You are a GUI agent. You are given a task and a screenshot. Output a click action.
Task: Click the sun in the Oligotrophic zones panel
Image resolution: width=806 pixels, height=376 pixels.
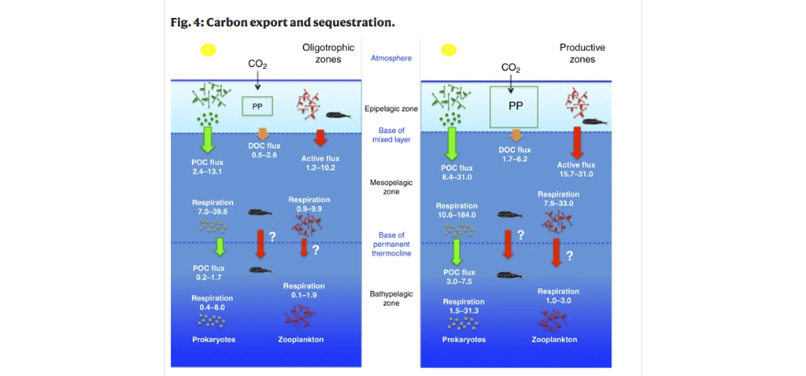tap(208, 50)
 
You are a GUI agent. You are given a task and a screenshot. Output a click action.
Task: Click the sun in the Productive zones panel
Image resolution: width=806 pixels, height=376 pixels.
tap(449, 50)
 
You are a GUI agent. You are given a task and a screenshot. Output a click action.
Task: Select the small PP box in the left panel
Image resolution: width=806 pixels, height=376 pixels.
tap(257, 105)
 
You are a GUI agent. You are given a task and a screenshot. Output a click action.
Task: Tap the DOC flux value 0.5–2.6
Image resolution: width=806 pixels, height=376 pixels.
tap(264, 155)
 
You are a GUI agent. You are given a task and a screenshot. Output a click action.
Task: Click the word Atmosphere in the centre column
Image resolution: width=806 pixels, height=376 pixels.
tap(390, 58)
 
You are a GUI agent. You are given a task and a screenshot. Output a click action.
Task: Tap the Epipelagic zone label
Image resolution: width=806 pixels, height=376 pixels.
tap(392, 109)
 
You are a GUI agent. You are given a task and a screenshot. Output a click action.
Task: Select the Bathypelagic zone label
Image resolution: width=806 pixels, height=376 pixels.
tap(391, 298)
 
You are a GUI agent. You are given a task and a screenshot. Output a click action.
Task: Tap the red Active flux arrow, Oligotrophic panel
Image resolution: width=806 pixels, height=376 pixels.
tap(320, 138)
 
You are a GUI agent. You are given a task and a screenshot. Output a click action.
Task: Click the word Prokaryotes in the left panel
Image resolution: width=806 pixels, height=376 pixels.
tap(214, 340)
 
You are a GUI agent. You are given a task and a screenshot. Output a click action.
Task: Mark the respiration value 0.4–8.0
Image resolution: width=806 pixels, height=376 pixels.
tap(212, 307)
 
